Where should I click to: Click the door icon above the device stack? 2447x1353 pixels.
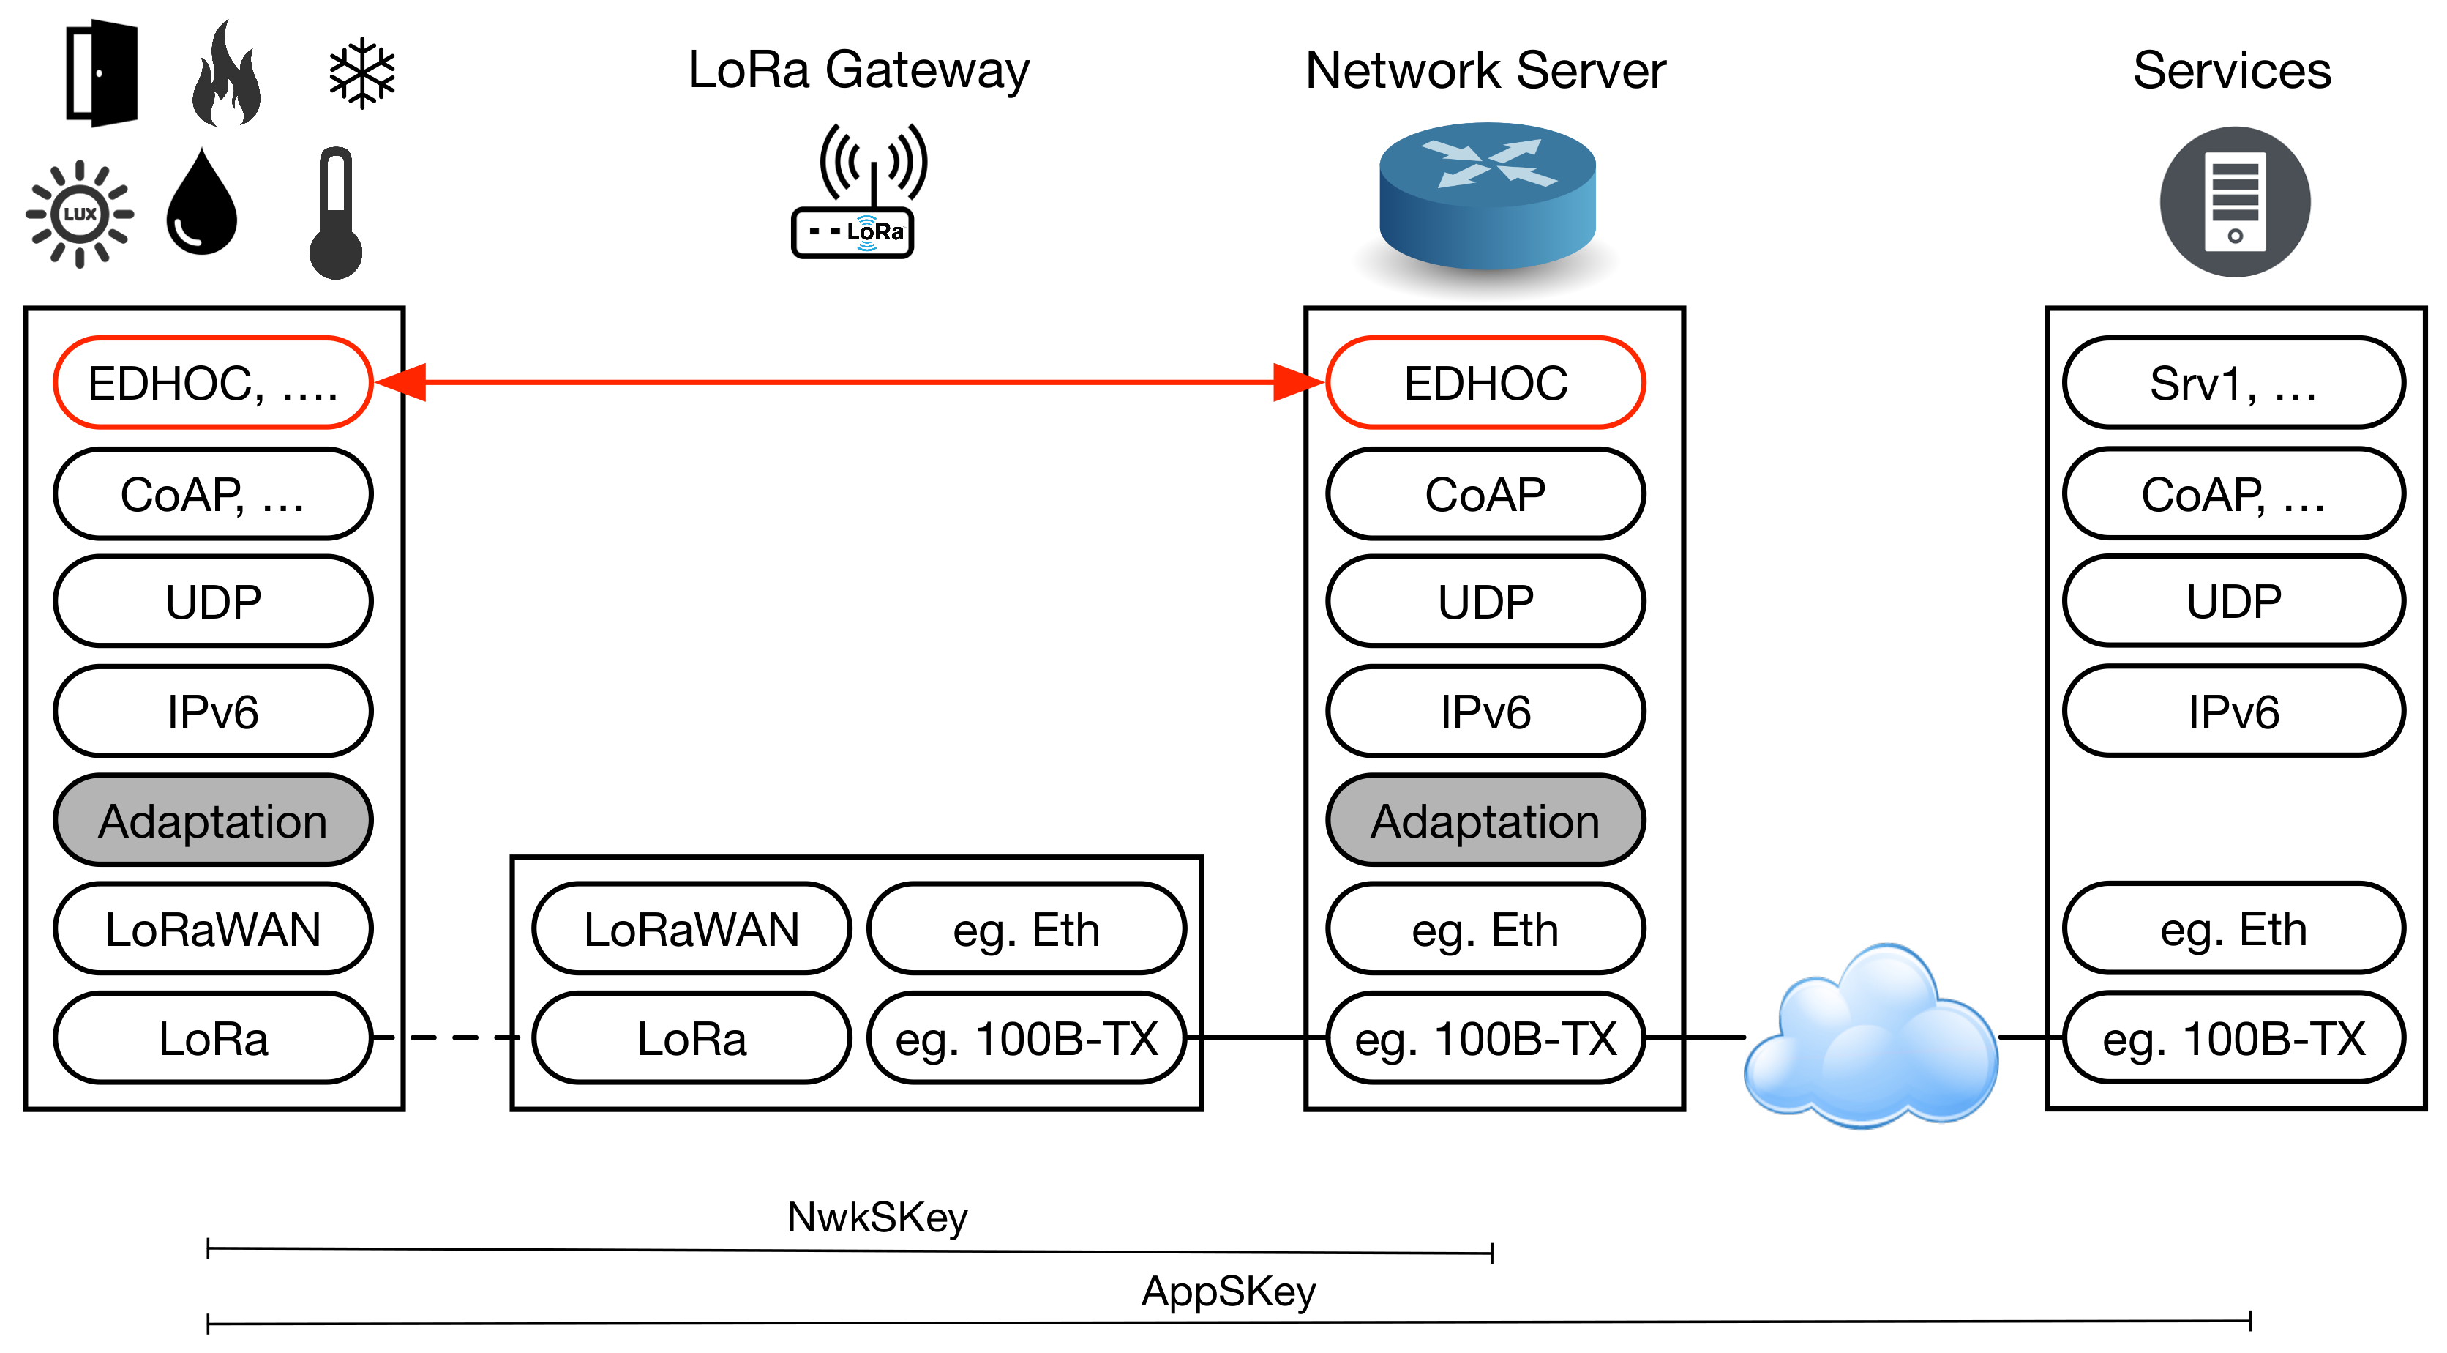[102, 74]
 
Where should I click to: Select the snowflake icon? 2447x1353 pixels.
[362, 73]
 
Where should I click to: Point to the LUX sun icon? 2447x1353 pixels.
[80, 214]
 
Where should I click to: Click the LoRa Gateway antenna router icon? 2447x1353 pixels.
[858, 193]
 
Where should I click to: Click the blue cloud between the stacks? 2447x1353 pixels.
[1870, 1037]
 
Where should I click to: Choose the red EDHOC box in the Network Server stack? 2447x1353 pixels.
[1485, 383]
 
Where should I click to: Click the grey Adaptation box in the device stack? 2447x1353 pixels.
[213, 821]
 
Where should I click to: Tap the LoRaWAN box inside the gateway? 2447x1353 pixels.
[692, 929]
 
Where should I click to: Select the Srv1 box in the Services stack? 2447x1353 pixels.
[2233, 383]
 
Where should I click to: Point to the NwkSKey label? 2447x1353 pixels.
[877, 1217]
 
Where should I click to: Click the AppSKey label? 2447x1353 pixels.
[1228, 1291]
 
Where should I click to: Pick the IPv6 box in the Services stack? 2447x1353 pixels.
[2233, 712]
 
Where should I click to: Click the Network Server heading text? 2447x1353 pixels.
[1485, 70]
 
